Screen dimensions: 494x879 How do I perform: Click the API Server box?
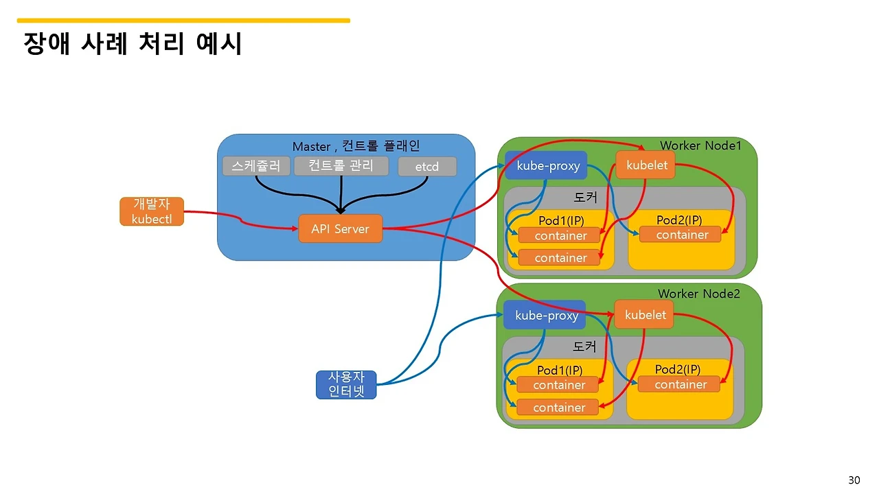pyautogui.click(x=340, y=228)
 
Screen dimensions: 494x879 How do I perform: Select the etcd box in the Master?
pyautogui.click(x=427, y=167)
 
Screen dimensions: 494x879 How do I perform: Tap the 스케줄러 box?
pyautogui.click(x=256, y=166)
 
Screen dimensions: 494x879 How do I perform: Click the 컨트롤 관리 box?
pyautogui.click(x=341, y=166)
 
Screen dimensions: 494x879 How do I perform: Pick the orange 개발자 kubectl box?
pyautogui.click(x=152, y=211)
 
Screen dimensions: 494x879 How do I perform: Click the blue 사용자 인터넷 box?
pyautogui.click(x=346, y=385)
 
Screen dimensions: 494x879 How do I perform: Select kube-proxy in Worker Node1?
pyautogui.click(x=548, y=165)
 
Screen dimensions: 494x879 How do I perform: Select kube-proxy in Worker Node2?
pyautogui.click(x=547, y=315)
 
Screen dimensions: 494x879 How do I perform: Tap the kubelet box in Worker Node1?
pyautogui.click(x=646, y=165)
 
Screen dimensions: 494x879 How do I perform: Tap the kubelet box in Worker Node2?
pyautogui.click(x=645, y=315)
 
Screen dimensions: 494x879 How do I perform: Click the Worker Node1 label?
pyautogui.click(x=700, y=145)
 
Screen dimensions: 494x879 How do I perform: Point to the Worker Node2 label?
pyautogui.click(x=698, y=294)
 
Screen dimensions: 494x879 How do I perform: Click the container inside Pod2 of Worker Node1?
pyautogui.click(x=682, y=235)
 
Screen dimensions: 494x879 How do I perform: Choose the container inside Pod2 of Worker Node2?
pyautogui.click(x=680, y=384)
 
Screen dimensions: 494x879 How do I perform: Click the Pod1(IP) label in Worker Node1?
pyautogui.click(x=561, y=221)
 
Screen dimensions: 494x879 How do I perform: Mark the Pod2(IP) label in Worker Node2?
pyautogui.click(x=677, y=369)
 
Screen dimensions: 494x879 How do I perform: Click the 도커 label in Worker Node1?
pyautogui.click(x=585, y=197)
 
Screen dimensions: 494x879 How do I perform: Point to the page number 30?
pyautogui.click(x=854, y=479)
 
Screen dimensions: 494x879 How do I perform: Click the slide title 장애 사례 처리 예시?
pyautogui.click(x=133, y=44)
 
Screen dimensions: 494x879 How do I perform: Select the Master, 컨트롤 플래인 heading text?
pyautogui.click(x=356, y=146)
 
